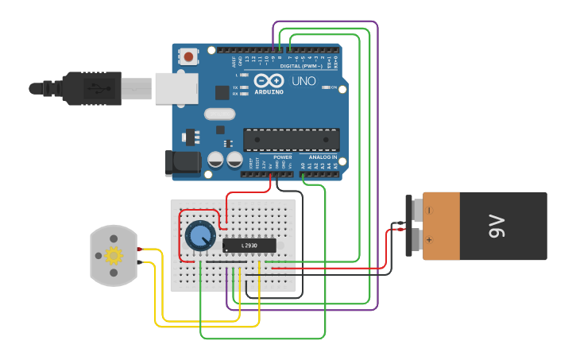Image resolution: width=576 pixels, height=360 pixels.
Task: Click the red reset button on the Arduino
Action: pos(189,56)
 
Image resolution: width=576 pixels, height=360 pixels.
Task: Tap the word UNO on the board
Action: pos(303,81)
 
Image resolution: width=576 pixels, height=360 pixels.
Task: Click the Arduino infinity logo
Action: pos(269,81)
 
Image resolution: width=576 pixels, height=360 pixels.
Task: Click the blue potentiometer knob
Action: pos(199,236)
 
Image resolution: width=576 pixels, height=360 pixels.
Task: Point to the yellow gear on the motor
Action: pos(114,255)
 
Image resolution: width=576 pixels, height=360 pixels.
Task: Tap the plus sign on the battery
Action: pos(429,238)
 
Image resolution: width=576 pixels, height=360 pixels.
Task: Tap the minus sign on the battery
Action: pos(429,211)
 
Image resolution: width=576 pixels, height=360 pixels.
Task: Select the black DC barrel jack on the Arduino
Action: pos(180,163)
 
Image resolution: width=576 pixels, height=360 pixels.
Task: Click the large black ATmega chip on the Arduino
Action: pos(291,140)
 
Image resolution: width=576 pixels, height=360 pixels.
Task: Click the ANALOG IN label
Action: pos(323,157)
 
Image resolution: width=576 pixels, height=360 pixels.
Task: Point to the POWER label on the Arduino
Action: pos(283,157)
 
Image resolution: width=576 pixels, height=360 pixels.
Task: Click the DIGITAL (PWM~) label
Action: pos(302,66)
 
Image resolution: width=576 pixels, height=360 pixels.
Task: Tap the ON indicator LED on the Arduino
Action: pos(325,87)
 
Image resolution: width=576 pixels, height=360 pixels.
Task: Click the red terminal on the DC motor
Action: pos(139,250)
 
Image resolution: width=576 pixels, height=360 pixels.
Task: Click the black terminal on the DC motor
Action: pos(139,261)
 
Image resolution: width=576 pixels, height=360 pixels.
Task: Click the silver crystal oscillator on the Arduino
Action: pos(219,114)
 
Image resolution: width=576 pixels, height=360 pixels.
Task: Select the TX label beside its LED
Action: pos(235,86)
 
